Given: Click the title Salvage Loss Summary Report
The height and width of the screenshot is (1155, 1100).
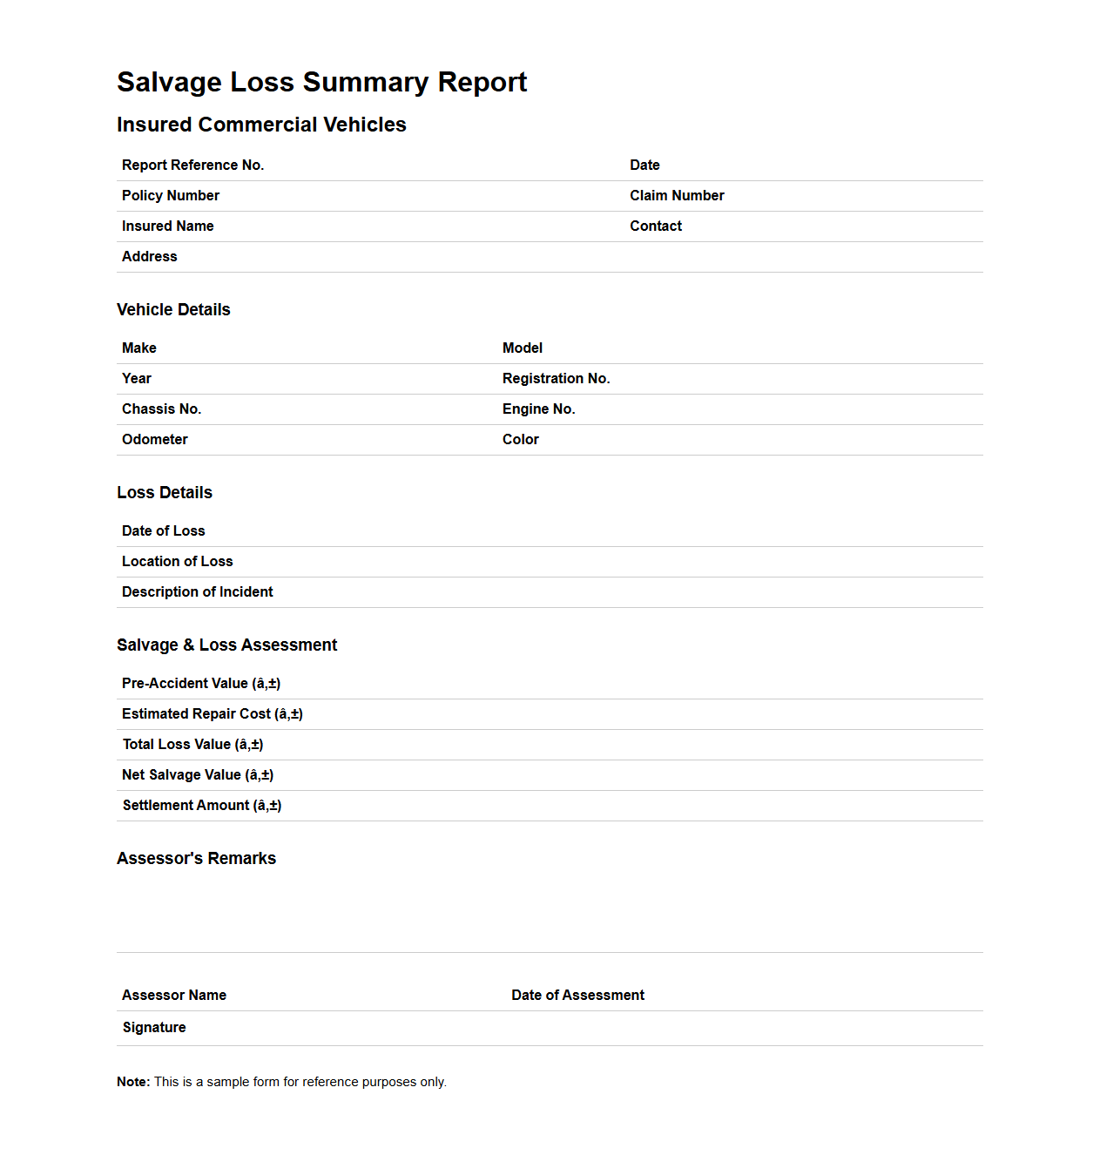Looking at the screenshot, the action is tap(321, 82).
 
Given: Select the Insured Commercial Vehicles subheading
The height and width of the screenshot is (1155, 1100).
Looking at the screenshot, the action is tap(261, 125).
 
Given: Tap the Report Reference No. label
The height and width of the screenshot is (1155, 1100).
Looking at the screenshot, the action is tap(192, 165).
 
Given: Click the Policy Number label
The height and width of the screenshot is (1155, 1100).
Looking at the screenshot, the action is tap(170, 196).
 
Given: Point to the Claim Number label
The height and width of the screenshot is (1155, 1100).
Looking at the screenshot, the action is tap(677, 196).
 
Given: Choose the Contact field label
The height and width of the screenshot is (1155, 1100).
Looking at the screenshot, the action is tap(655, 226).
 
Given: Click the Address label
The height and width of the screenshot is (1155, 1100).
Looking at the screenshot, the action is tap(149, 257).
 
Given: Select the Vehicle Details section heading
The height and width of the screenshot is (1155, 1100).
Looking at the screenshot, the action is tap(173, 310).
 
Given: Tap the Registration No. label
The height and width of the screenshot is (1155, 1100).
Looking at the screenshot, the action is tap(556, 379).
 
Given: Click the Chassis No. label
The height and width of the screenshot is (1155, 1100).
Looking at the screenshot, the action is tap(161, 409).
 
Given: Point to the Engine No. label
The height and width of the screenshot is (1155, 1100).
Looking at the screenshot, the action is tap(538, 409).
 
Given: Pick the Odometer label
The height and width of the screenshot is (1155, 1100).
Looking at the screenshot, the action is tap(154, 440).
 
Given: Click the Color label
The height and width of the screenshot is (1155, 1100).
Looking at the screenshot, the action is tap(520, 440).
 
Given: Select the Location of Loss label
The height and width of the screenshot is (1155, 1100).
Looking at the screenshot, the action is tap(177, 562).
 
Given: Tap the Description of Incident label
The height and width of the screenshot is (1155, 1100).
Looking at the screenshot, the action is tap(197, 592).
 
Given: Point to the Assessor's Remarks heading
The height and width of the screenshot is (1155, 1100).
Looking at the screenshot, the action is tap(196, 859).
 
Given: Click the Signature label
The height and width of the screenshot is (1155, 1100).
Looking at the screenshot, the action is tap(154, 1028).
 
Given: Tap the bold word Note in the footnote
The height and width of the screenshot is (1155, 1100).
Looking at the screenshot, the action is tap(133, 1082).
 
